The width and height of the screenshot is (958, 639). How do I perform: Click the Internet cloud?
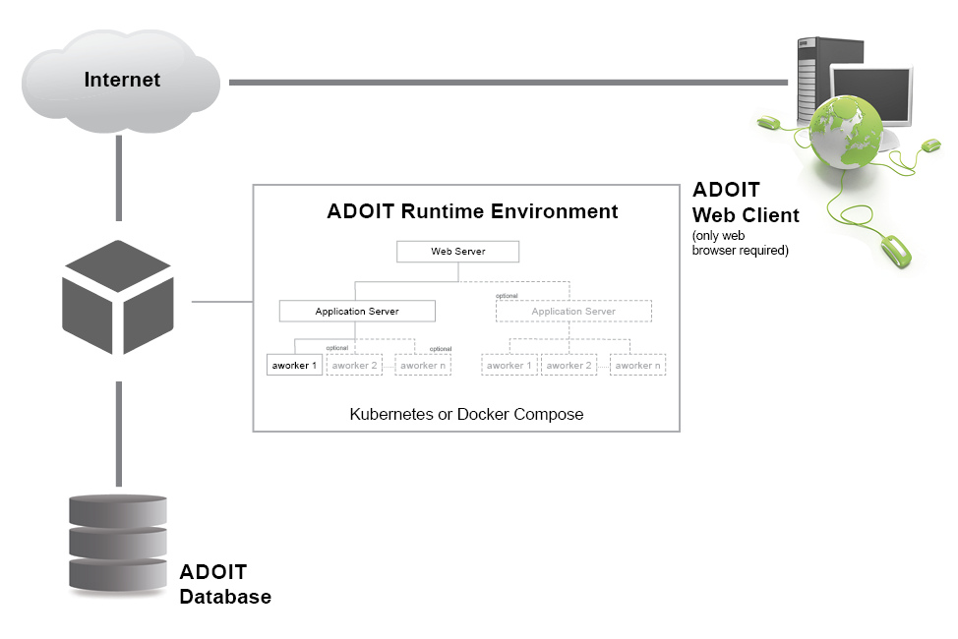(121, 82)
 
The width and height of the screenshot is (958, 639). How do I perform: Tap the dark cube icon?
(118, 297)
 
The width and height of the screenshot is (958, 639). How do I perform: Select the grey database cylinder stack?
(118, 545)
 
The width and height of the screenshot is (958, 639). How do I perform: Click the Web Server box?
(457, 251)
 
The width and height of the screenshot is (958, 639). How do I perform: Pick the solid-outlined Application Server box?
(357, 311)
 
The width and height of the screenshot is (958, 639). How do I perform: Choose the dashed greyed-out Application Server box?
(573, 311)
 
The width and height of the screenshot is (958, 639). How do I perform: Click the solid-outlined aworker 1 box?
(294, 365)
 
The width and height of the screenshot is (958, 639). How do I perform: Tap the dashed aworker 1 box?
(509, 365)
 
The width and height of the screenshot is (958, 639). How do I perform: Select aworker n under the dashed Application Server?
(637, 365)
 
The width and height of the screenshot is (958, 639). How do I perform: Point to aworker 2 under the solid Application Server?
(354, 365)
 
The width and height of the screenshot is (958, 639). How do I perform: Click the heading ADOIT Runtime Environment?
(472, 211)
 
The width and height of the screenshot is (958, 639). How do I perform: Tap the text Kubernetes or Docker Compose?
(466, 414)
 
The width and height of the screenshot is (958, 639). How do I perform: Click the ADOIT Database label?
(225, 584)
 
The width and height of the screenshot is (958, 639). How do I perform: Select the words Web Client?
(746, 215)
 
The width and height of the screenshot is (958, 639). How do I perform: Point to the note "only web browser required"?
(740, 243)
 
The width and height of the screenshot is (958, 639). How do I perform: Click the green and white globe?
(846, 132)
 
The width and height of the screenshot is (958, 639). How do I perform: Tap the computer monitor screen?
(871, 94)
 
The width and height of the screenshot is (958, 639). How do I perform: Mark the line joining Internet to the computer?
(509, 82)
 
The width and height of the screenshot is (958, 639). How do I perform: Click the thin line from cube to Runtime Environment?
(222, 301)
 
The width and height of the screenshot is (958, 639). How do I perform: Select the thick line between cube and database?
(119, 434)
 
